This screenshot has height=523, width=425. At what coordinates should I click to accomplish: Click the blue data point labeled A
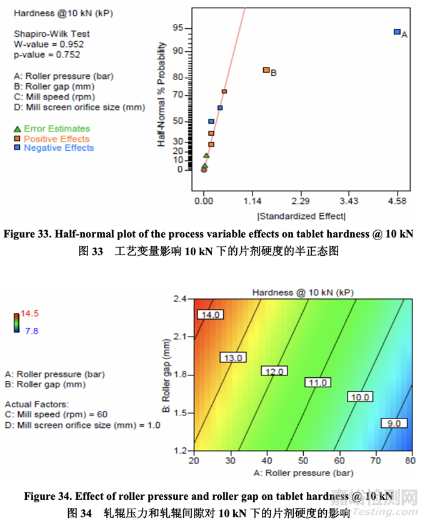coord(397,31)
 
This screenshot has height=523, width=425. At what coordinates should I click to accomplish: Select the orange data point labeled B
coord(266,70)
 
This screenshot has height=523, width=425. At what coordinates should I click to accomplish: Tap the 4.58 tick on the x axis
coord(397,201)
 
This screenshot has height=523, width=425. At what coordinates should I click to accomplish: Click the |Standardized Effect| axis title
coord(301,216)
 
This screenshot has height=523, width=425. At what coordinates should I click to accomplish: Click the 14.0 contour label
coord(209,315)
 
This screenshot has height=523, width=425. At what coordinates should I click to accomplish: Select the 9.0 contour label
coord(394,424)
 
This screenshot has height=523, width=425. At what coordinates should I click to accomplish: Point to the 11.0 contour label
coord(318,383)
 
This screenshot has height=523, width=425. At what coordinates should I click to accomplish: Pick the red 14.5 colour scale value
coord(32,313)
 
